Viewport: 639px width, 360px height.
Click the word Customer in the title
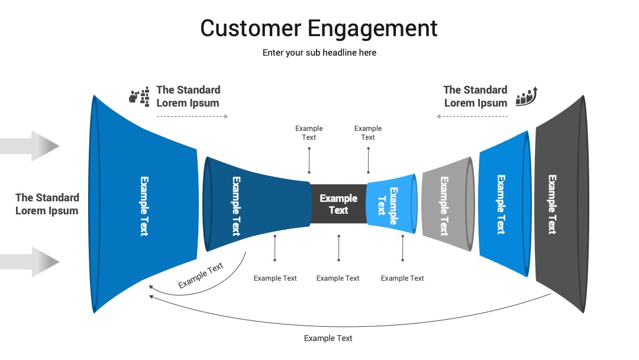click(x=251, y=28)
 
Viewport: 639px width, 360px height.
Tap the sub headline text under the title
click(x=319, y=53)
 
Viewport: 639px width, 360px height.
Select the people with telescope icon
click(x=139, y=97)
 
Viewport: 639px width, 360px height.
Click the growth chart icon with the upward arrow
click(x=527, y=97)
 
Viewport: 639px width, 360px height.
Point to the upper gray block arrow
click(x=30, y=146)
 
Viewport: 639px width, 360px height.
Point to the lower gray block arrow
click(x=30, y=262)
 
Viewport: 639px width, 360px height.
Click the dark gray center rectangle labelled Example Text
click(x=338, y=204)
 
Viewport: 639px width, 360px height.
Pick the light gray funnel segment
click(x=448, y=204)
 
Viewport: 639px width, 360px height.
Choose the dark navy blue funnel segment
click(x=257, y=204)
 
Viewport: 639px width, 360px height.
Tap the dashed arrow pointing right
click(x=192, y=117)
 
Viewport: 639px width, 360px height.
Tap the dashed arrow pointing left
click(x=472, y=117)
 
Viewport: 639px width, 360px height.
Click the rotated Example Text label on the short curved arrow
click(x=201, y=275)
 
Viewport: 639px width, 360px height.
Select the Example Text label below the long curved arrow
click(x=328, y=338)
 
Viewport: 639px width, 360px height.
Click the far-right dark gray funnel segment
click(x=562, y=204)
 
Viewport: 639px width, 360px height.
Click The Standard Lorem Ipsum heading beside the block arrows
click(x=47, y=204)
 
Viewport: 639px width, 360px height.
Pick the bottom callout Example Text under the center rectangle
click(x=338, y=278)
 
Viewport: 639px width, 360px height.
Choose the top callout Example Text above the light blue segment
click(x=368, y=133)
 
